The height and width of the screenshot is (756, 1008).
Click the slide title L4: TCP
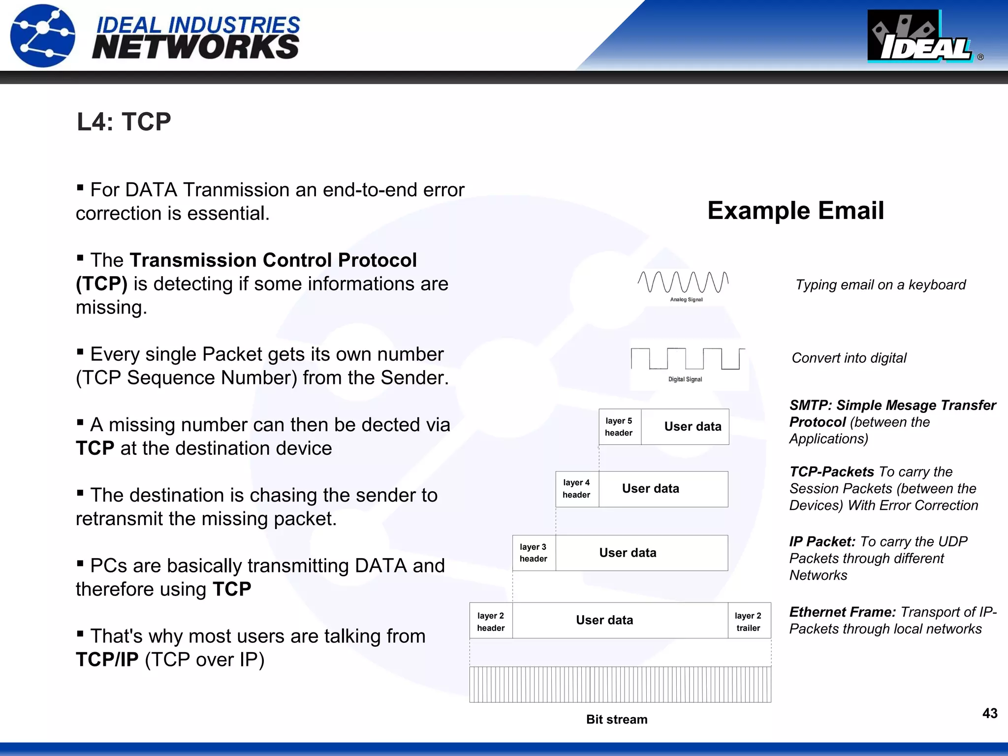124,122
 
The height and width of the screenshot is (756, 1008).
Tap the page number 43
989,713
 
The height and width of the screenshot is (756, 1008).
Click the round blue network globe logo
43,35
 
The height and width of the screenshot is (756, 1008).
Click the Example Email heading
795,211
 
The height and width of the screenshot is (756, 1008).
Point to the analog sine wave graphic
683,282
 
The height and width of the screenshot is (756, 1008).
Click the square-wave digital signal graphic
688,359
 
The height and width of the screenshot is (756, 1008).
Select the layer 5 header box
619,427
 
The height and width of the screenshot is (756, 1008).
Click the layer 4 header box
576,489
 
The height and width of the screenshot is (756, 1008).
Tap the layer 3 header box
534,553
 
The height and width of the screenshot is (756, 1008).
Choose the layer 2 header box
491,621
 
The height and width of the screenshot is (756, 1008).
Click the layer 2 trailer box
748,621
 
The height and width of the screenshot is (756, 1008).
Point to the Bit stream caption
617,720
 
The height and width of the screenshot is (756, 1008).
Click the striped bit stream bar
620,684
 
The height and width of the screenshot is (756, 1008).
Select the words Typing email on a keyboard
881,284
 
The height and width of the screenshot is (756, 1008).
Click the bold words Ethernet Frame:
842,612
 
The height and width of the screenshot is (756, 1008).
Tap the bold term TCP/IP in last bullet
107,660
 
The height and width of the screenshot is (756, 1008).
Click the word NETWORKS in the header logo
195,47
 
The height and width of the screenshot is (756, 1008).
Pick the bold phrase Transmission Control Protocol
273,260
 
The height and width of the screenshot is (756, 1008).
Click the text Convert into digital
849,358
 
